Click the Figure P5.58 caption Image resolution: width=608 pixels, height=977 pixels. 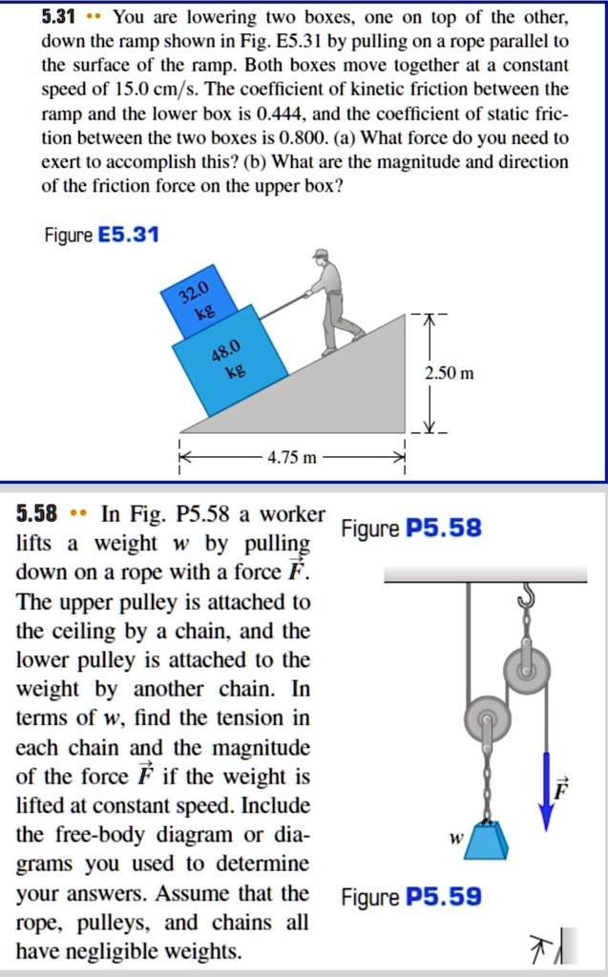point(411,529)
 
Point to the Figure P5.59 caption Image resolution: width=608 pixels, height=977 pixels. point(411,897)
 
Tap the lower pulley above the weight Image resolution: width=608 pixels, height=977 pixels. point(487,718)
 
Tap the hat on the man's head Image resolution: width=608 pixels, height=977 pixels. point(321,254)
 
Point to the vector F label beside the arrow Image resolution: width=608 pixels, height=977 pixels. point(562,788)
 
